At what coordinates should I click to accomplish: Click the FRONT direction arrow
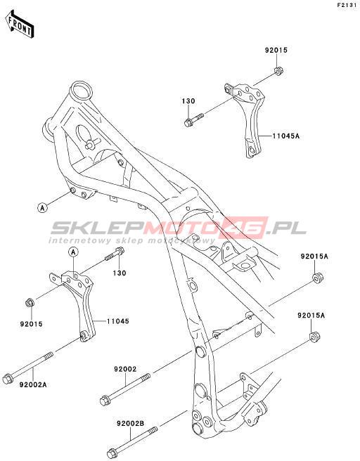coord(20,25)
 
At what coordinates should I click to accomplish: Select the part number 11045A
coord(286,136)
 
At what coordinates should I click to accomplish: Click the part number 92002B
coord(131,424)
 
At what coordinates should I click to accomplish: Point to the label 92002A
coord(33,384)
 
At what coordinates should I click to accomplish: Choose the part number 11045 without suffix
coord(117,321)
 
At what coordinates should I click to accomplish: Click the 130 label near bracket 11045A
coord(188,101)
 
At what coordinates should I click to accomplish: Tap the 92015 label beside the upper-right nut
coord(276,50)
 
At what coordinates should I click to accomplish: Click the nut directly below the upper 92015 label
coord(278,72)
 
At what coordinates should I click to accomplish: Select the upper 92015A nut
coord(317,278)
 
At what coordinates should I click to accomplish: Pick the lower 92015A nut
coord(314,337)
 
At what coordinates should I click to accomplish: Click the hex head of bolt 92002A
coord(7,379)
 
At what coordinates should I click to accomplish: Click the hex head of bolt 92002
coord(104,401)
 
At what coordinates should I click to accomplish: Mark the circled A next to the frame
coord(42,208)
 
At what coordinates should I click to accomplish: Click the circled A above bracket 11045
coord(73,252)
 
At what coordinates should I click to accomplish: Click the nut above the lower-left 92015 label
coord(30,302)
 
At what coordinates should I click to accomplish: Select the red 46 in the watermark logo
coord(249,228)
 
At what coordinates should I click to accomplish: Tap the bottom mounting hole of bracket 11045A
coord(252,150)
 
